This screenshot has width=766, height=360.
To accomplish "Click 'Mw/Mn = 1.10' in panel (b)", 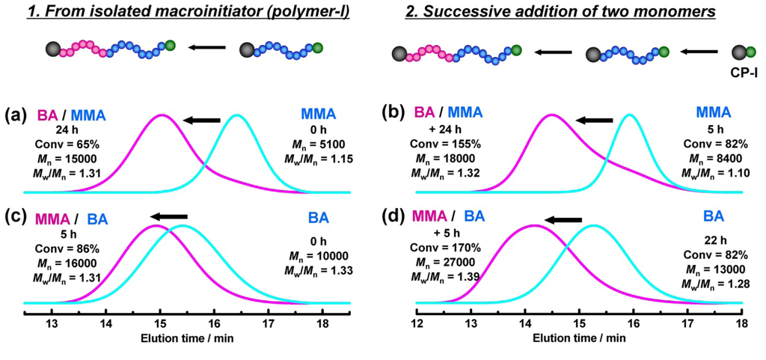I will pos(707,172).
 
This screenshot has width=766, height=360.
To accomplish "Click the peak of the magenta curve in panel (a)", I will pos(162,115).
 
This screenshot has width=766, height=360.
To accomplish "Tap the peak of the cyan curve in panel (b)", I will pos(630,115).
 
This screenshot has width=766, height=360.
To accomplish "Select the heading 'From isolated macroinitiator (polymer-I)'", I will pos(190,11).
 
